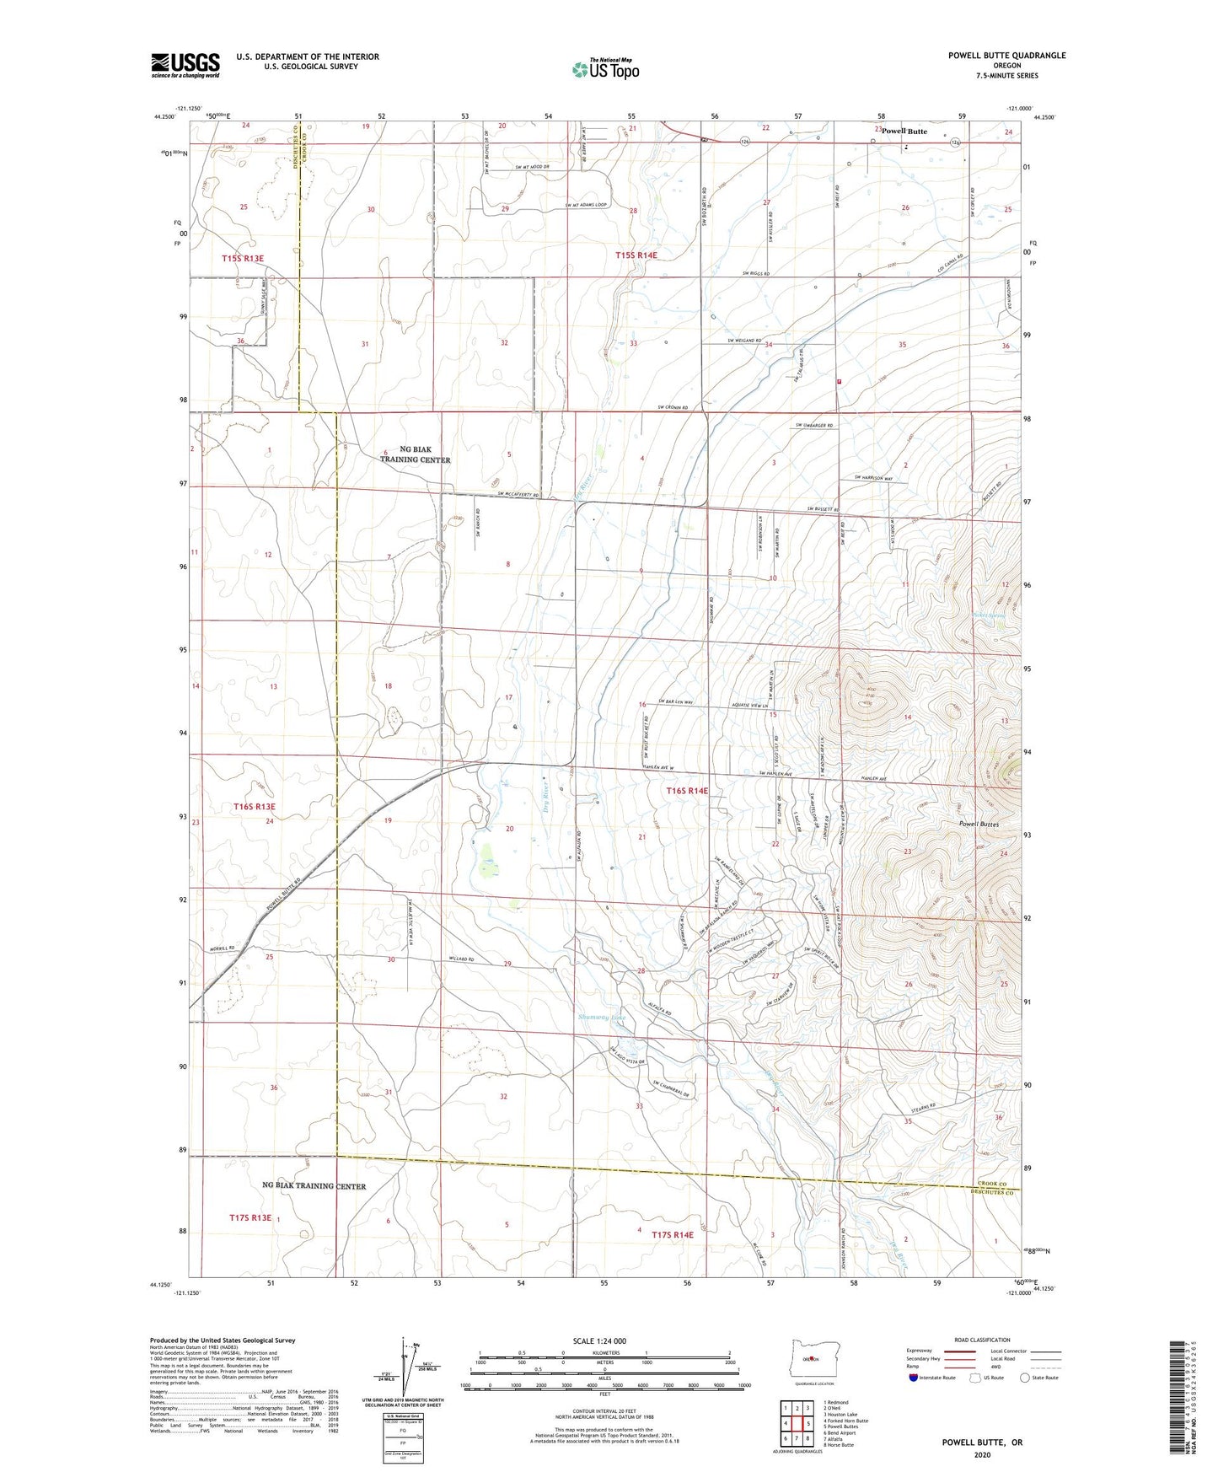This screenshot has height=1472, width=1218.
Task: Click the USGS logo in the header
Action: [x=185, y=65]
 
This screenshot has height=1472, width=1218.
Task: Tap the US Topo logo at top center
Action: [x=605, y=69]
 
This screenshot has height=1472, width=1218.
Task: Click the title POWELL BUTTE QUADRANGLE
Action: [x=1006, y=56]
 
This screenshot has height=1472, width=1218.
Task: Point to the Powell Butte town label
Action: [x=904, y=132]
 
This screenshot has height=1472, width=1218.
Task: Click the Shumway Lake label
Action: [x=602, y=1018]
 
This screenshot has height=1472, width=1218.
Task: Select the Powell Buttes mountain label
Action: [x=978, y=824]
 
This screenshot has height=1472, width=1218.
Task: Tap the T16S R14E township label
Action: [x=687, y=791]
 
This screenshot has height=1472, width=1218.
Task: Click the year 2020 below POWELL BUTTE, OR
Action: [x=981, y=1454]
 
